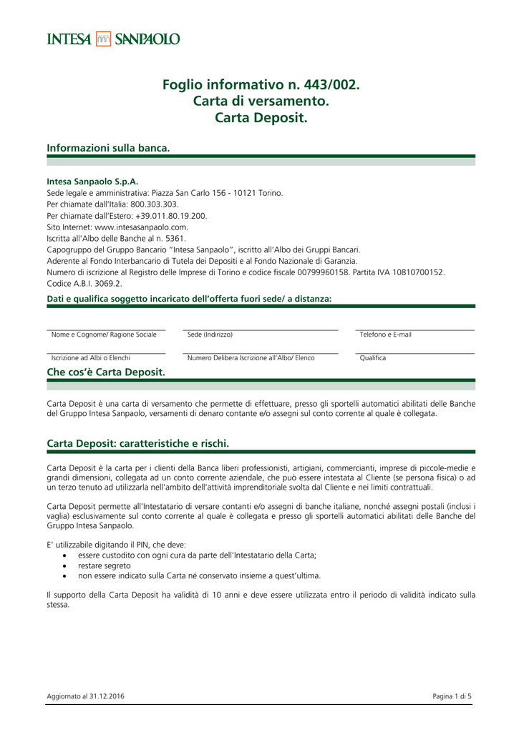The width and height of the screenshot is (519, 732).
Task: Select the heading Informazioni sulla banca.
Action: coord(109,148)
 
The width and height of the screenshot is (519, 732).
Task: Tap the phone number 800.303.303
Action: coord(156,204)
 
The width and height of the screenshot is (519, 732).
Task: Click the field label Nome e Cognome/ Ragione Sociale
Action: coord(104,335)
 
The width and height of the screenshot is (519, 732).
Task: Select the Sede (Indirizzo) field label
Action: coord(210,335)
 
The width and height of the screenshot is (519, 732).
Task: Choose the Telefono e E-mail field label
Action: coord(386,335)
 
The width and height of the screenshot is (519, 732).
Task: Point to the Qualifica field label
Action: coord(373,357)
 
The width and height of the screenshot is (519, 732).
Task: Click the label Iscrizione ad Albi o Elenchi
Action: coord(91,357)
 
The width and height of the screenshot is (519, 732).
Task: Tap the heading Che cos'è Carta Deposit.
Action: coord(106,372)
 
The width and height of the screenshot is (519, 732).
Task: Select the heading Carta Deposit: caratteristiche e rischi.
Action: coord(138,443)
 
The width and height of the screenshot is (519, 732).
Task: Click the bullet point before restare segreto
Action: coord(66,565)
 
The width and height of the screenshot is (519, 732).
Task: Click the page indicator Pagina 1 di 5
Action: coord(452,696)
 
